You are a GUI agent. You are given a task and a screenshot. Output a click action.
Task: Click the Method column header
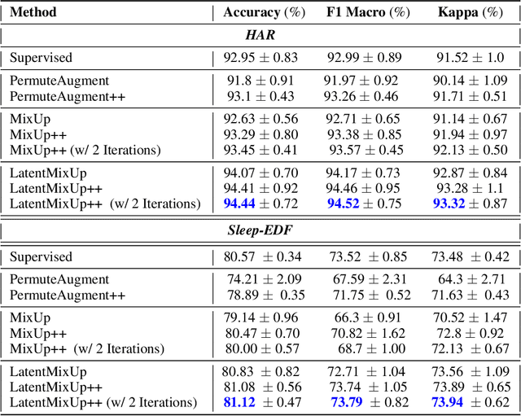[33, 12]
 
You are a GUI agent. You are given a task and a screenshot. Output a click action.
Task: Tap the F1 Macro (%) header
[368, 12]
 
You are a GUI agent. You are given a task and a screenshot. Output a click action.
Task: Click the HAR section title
[261, 35]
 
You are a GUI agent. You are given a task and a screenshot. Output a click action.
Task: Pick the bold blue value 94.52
[345, 203]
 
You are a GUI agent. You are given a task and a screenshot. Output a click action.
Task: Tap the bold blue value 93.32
[449, 203]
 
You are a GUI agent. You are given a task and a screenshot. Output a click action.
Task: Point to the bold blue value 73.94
[449, 401]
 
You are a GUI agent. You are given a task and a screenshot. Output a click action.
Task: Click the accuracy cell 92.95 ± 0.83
[260, 58]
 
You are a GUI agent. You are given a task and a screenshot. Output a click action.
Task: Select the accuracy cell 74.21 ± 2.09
[260, 279]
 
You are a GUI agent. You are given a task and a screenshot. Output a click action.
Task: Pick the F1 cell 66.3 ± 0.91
[367, 317]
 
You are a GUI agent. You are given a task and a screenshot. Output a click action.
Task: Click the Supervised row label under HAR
[41, 58]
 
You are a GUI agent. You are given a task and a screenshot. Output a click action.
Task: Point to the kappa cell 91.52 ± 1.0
[470, 58]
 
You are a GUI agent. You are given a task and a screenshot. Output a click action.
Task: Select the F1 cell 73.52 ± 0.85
[368, 256]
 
